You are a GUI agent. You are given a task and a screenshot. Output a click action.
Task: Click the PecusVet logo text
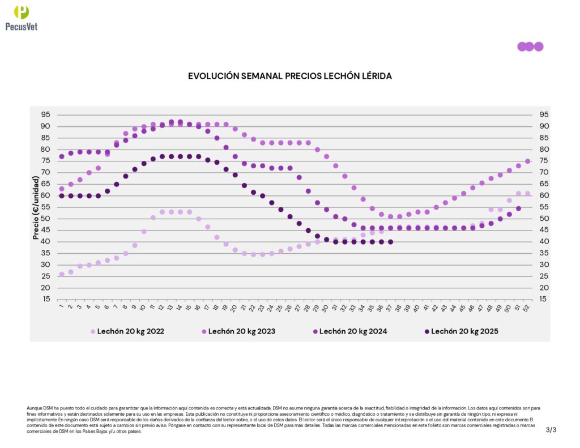(22, 26)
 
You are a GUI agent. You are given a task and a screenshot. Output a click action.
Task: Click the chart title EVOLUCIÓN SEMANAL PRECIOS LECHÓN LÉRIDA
(290, 76)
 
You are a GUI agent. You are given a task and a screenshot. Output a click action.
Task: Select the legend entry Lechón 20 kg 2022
(130, 331)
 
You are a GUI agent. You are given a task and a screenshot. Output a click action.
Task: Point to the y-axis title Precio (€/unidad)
(36, 207)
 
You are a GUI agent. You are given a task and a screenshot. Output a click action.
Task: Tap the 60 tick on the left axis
(45, 196)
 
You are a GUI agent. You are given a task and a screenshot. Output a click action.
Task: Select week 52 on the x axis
(527, 308)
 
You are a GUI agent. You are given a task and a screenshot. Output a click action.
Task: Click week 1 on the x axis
(61, 308)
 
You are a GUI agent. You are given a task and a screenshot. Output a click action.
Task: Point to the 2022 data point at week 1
(62, 274)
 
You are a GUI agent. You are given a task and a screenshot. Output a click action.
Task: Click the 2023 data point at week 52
(527, 161)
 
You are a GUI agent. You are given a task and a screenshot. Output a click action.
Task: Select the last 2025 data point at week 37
(390, 242)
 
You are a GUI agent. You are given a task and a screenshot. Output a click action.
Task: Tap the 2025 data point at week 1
(62, 196)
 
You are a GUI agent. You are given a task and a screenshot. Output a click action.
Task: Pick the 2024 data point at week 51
(518, 208)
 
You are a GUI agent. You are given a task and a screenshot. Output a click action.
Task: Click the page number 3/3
(551, 430)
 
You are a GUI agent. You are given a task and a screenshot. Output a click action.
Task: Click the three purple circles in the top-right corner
(530, 46)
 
